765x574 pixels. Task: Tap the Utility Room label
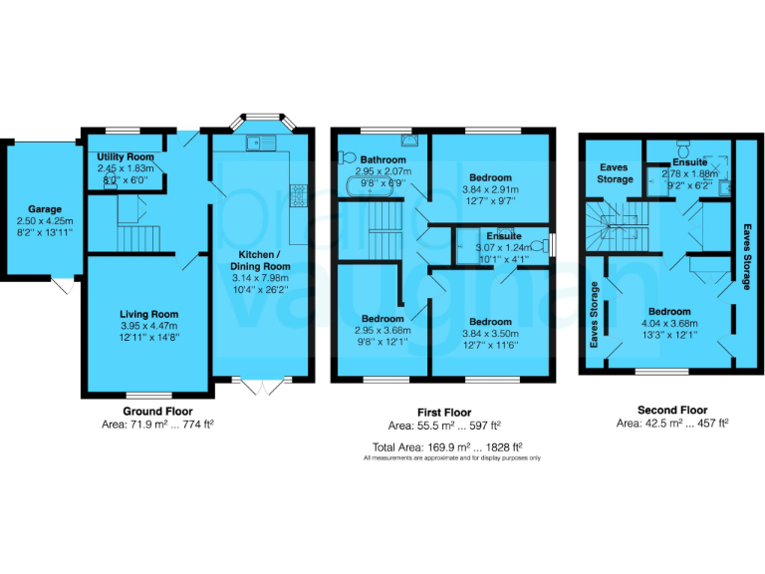coord(126,157)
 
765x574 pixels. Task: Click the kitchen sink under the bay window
coord(261,143)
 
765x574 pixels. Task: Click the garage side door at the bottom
coord(62,286)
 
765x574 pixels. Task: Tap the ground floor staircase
coord(137,237)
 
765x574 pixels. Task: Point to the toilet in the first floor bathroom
coord(347,156)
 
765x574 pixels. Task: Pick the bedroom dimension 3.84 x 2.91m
coord(490,188)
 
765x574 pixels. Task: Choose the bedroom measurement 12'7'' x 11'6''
coord(490,345)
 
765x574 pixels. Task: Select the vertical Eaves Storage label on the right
coord(746,256)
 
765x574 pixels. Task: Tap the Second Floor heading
coord(671,410)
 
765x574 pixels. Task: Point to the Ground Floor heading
coord(157,411)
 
